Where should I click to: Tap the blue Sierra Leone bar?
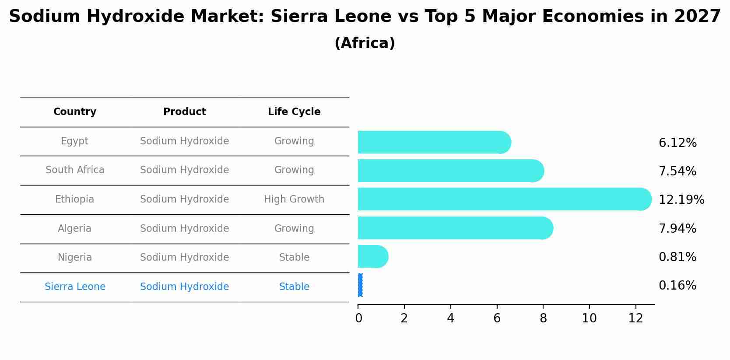[360, 285]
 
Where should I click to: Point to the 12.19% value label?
[681, 200]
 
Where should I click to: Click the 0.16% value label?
[677, 286]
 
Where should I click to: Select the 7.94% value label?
[677, 228]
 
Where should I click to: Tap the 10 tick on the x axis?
[589, 318]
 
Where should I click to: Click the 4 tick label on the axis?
[450, 318]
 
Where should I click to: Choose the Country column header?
[75, 112]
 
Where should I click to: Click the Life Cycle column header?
[294, 112]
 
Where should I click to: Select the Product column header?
[184, 112]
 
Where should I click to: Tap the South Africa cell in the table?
[75, 170]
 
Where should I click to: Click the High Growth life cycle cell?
[294, 199]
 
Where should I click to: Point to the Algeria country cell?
[75, 229]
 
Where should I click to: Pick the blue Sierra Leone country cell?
[75, 287]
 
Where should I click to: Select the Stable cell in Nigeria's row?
[294, 258]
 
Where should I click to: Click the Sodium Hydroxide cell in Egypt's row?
[184, 141]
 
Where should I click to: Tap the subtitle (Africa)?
[365, 43]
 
